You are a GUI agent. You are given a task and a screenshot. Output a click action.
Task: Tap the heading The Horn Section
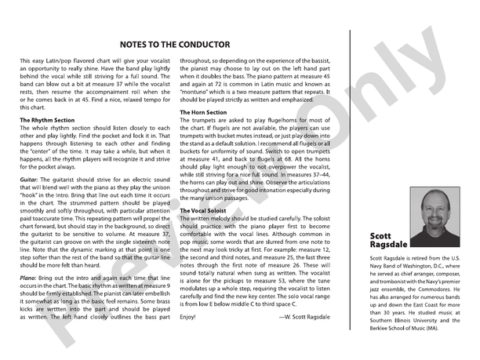[209, 112]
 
